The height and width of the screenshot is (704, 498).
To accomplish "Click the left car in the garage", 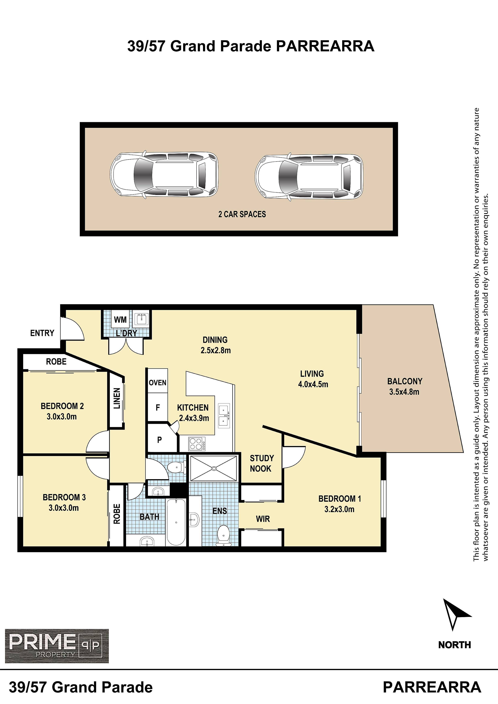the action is click(164, 175).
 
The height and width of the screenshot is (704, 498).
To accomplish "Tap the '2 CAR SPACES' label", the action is click(242, 214).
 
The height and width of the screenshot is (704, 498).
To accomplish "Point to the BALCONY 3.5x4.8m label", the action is click(405, 386).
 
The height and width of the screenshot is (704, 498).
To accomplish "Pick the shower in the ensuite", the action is click(214, 468).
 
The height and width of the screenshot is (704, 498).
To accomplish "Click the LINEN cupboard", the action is click(117, 399).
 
